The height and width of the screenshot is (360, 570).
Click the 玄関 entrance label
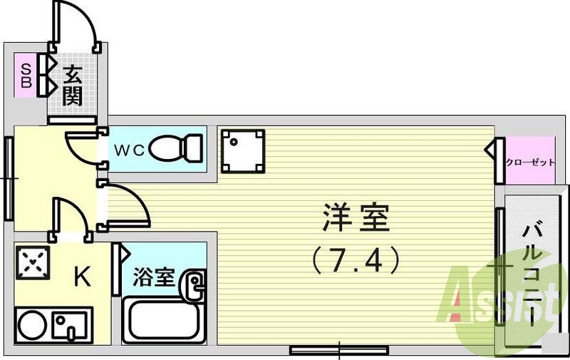coord(71,86)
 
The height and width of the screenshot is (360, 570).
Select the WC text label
coord(130,150)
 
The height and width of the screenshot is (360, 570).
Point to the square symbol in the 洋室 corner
coord(242,151)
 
